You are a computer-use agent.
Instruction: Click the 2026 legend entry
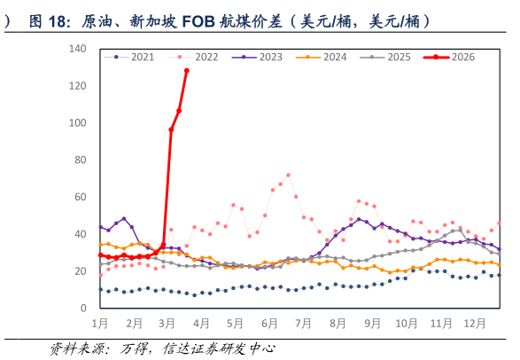coord(462,58)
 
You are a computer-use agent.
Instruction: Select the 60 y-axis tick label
coord(81,198)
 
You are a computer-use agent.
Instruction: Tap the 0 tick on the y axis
coord(84,309)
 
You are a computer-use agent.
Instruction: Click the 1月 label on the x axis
coord(101,325)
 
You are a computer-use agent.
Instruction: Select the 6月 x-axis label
coord(269,325)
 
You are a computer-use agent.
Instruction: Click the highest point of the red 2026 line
coord(187,71)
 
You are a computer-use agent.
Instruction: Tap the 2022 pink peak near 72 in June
coord(288,175)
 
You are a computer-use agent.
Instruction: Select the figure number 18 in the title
coord(63,21)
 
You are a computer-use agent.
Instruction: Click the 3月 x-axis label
coord(168,325)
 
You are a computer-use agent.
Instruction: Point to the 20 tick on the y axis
coord(81,271)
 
